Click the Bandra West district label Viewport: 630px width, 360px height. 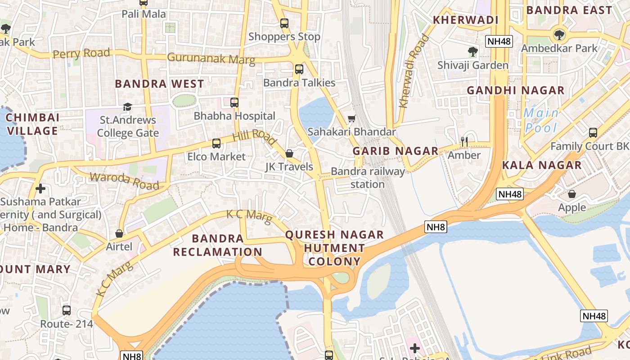(159, 84)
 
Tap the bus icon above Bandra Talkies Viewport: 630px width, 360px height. (299, 69)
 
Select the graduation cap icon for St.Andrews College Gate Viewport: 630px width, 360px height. (128, 107)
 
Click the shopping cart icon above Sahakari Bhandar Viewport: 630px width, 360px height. (352, 118)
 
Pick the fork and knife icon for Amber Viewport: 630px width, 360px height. (464, 142)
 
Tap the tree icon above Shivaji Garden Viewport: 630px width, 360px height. (473, 51)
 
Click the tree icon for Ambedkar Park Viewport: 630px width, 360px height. (559, 34)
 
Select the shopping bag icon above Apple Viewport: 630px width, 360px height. (572, 194)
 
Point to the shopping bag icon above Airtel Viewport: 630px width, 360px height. (119, 233)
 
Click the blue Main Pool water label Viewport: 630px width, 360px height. (541, 120)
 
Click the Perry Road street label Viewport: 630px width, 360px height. (81, 54)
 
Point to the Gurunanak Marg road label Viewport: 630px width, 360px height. (211, 58)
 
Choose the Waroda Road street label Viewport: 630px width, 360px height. (125, 181)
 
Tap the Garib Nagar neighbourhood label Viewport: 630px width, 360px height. (395, 151)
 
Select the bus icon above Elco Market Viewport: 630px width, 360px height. (216, 144)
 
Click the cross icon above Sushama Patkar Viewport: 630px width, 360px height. (41, 188)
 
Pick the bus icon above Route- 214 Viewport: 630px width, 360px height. (67, 310)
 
